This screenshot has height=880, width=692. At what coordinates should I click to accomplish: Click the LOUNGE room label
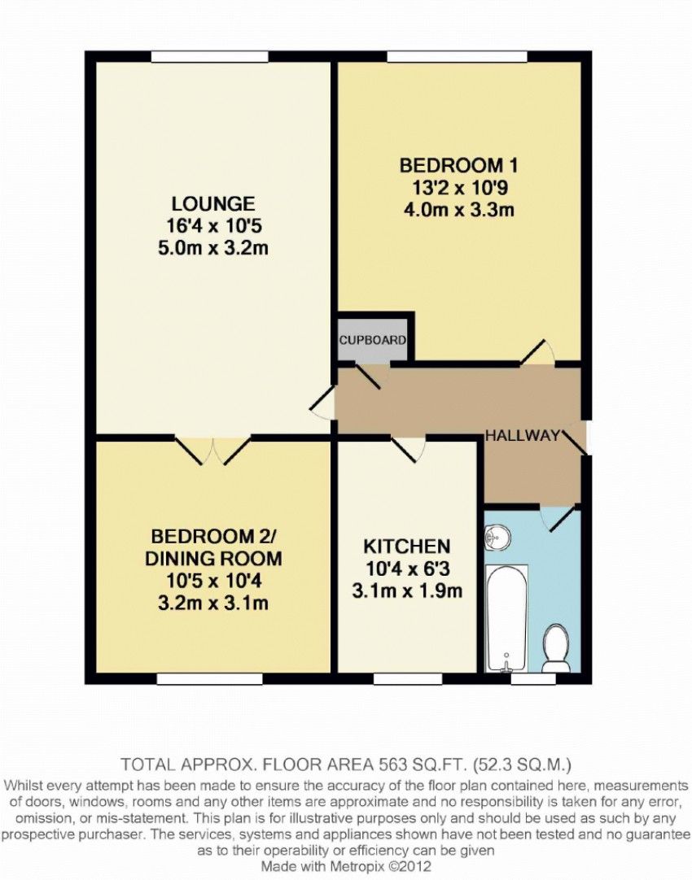pyautogui.click(x=212, y=203)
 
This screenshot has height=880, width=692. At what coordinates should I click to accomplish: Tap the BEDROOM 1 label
pyautogui.click(x=458, y=166)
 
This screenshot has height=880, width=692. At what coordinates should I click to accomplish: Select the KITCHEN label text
pyautogui.click(x=407, y=546)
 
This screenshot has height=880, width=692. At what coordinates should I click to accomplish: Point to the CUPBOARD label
pyautogui.click(x=372, y=340)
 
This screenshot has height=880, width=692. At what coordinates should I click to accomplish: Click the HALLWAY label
pyautogui.click(x=523, y=435)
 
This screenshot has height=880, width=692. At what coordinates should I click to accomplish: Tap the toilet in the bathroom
pyautogui.click(x=556, y=649)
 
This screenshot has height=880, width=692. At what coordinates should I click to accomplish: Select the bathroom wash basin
pyautogui.click(x=497, y=537)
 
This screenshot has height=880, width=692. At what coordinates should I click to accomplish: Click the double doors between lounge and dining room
pyautogui.click(x=212, y=450)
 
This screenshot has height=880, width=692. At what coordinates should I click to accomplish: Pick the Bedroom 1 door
pyautogui.click(x=537, y=353)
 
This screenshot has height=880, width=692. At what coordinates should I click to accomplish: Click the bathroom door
pyautogui.click(x=558, y=517)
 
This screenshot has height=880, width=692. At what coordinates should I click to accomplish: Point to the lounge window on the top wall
pyautogui.click(x=209, y=57)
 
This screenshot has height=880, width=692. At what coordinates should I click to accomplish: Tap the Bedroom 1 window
pyautogui.click(x=457, y=57)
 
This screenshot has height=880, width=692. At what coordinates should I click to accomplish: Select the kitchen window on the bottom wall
pyautogui.click(x=407, y=678)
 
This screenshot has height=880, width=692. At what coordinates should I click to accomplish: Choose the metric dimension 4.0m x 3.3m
pyautogui.click(x=458, y=210)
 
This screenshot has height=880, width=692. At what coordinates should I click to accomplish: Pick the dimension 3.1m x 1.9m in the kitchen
pyautogui.click(x=407, y=590)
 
